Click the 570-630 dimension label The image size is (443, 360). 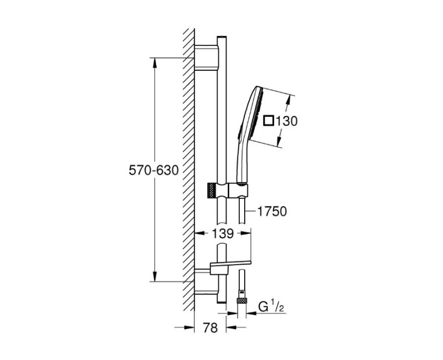tap(154, 170)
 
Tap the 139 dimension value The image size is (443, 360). tap(223, 233)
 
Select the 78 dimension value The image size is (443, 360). tap(210, 327)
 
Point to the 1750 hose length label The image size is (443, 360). tap(272, 211)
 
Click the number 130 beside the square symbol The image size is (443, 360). tap(286, 121)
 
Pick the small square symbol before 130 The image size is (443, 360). tap(268, 121)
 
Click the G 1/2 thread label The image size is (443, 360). tap(271, 307)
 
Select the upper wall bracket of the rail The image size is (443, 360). tap(206, 58)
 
